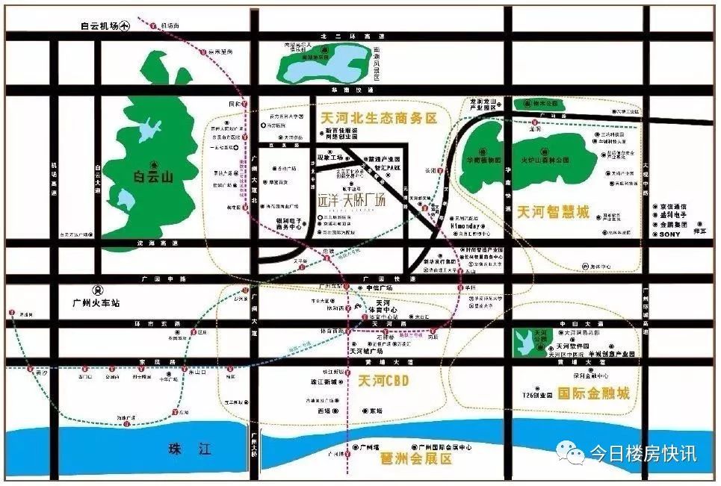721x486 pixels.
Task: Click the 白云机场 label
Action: click(99, 25)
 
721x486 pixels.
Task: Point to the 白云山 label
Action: click(153, 177)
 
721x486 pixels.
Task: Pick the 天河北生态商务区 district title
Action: click(377, 118)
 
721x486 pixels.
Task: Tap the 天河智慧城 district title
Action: click(553, 212)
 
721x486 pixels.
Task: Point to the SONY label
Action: click(669, 234)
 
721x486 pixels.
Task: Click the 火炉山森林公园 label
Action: click(544, 159)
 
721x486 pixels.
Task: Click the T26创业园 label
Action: click(537, 394)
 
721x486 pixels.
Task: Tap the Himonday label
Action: click(468, 224)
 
